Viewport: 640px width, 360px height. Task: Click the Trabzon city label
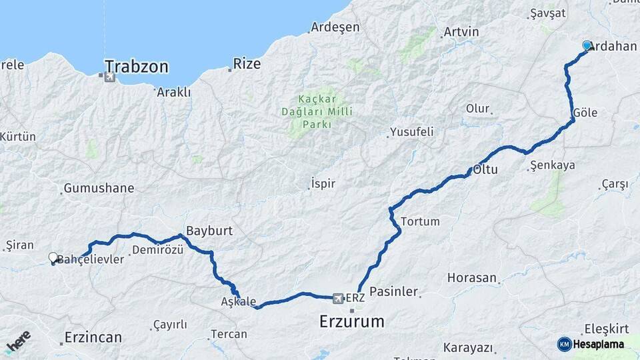coord(137,67)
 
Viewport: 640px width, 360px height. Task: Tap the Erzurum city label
coord(351,321)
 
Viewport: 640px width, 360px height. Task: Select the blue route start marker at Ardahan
coord(587,45)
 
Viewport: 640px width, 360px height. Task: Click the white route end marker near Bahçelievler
coord(53,257)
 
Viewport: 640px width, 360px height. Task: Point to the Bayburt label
coord(209,231)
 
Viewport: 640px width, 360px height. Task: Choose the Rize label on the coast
coord(247,65)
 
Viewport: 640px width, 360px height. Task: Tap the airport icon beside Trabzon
coord(109,77)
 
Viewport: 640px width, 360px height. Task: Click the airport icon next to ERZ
coord(337,297)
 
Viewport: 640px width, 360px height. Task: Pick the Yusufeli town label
coord(411,132)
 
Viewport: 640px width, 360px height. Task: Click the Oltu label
coord(485,169)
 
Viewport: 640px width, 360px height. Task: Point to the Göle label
coord(585,113)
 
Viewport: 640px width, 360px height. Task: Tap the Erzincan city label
coord(93,337)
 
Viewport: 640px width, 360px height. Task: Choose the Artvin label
coord(461,32)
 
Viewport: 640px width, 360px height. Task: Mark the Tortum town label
coord(420,221)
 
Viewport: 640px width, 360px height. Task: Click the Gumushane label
coord(99,188)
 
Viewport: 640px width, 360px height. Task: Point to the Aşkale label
coord(238,301)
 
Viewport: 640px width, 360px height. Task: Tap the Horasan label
coord(472,277)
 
